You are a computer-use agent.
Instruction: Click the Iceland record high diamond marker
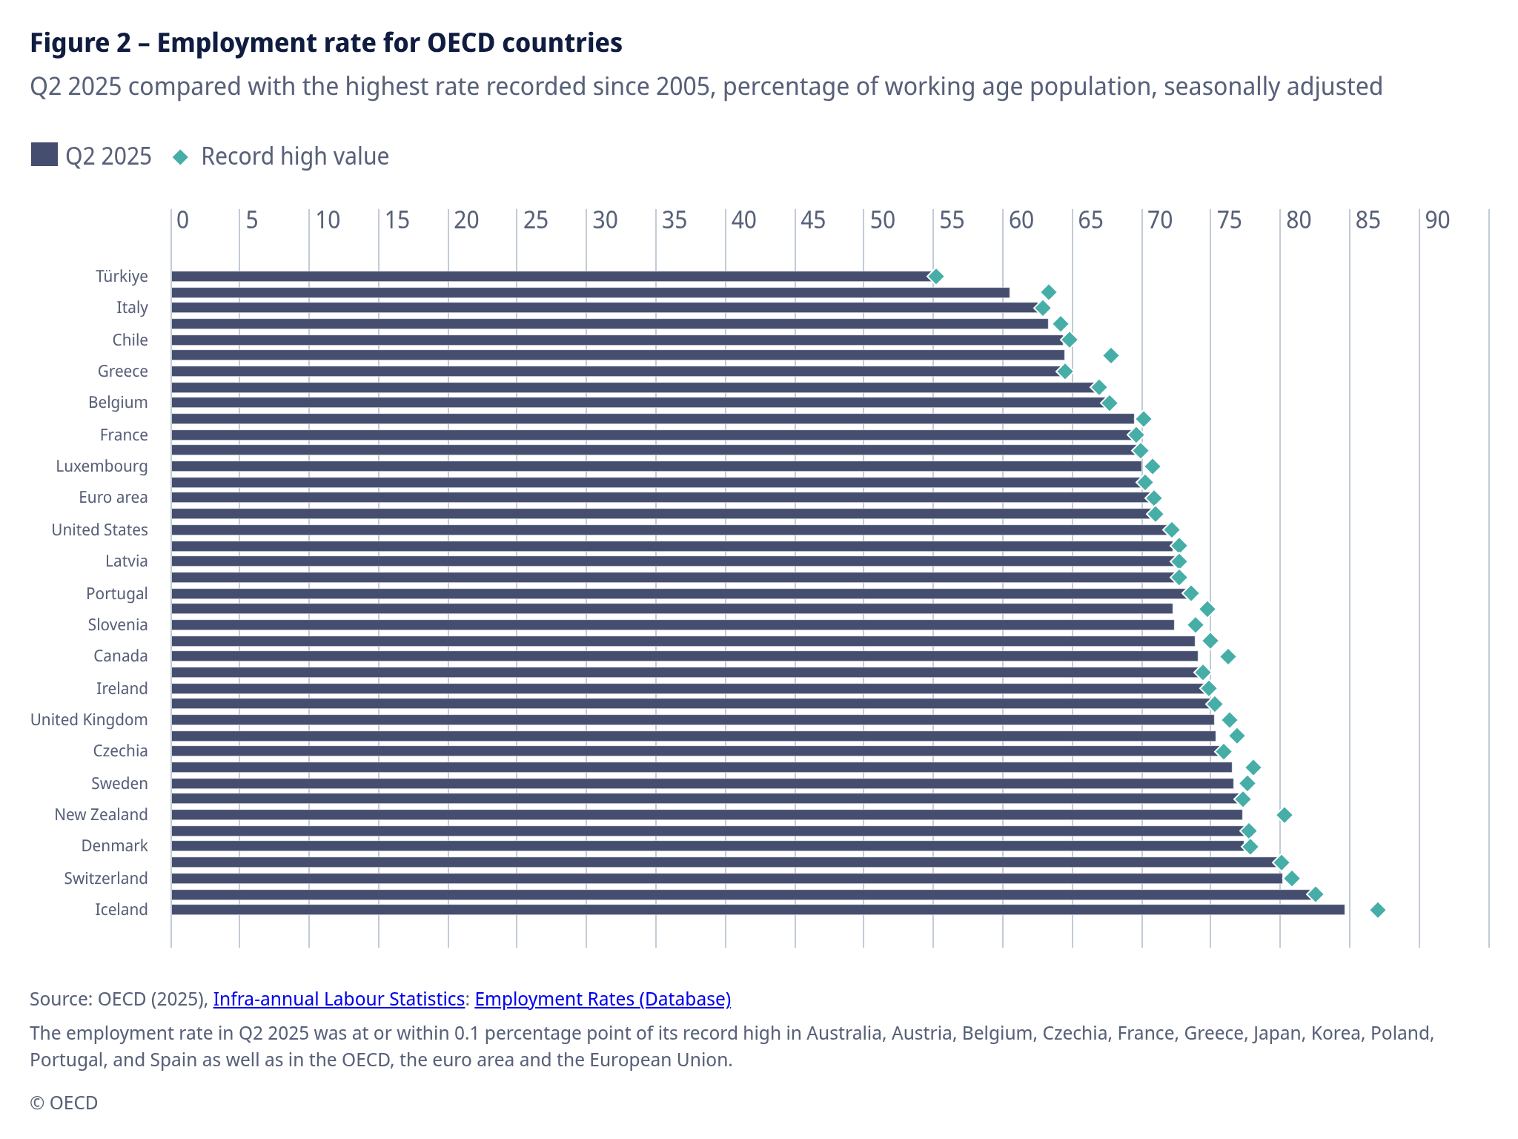1377,910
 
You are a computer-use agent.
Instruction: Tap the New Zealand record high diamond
1285,815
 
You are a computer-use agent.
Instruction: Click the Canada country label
121,656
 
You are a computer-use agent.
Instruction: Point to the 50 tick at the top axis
882,220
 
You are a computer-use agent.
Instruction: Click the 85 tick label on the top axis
1368,220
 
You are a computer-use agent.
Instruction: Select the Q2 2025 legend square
44,155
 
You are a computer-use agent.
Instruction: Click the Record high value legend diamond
180,156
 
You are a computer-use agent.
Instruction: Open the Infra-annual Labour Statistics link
339,999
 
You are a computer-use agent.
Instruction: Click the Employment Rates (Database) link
603,999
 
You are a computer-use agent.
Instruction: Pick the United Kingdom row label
89,720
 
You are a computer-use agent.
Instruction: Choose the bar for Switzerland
726,879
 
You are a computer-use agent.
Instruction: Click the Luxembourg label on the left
102,466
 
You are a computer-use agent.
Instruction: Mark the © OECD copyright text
64,1103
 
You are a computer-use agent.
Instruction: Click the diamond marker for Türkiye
935,277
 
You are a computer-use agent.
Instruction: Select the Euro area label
113,498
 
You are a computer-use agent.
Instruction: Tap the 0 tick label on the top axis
182,220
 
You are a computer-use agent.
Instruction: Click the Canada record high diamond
1227,656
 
